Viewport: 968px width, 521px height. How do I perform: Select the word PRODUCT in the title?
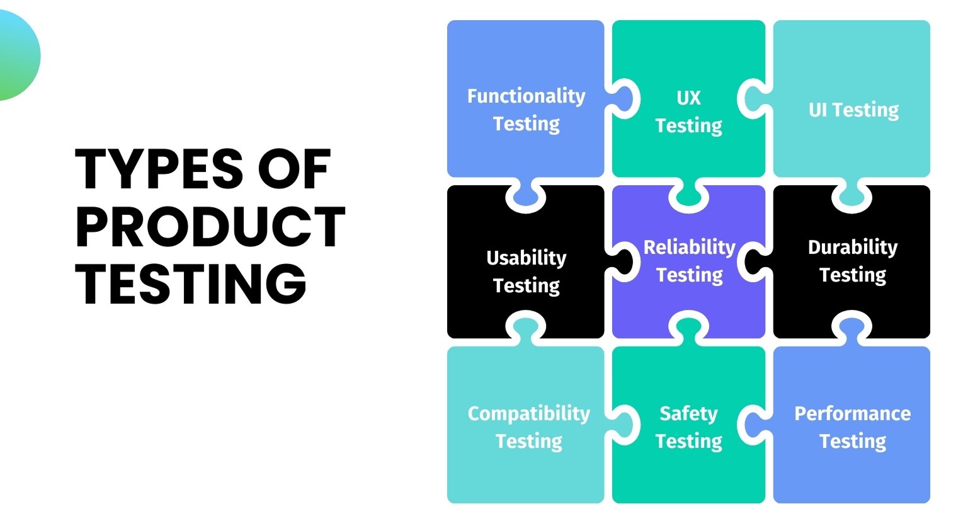pos(210,227)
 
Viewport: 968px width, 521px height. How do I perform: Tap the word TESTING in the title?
pos(191,283)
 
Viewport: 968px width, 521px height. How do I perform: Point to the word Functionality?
pos(526,96)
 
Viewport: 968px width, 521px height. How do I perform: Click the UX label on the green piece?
pos(688,98)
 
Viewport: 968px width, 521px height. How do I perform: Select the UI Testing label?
pos(853,110)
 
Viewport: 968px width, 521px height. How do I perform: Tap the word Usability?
pos(526,258)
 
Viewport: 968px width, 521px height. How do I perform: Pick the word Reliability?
pos(689,247)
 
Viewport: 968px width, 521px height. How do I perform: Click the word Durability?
pos(852,247)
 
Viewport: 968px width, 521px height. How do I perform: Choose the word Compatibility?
pos(528,413)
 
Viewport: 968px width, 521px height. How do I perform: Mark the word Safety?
pos(688,413)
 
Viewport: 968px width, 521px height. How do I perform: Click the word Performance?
pos(852,413)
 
